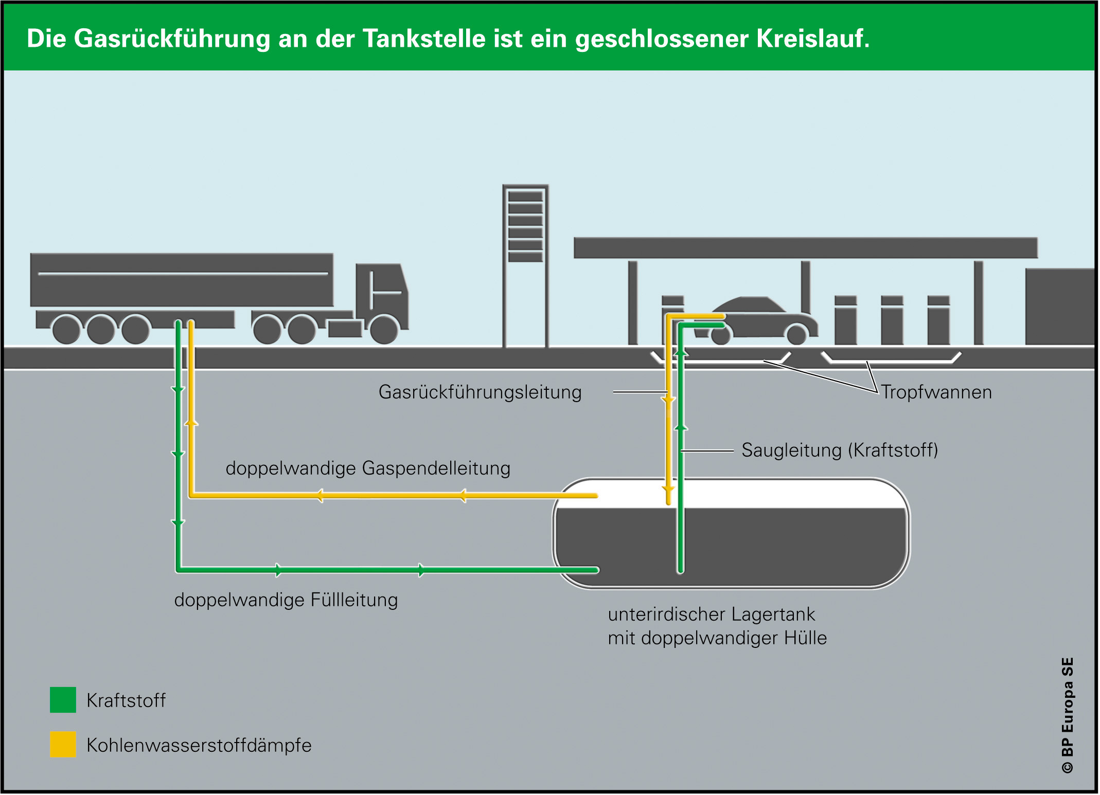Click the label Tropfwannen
[936, 392]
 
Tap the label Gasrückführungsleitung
[480, 392]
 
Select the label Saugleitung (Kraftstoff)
[840, 450]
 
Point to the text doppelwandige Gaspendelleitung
[368, 468]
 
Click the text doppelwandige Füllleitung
[286, 600]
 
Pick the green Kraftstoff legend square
[63, 700]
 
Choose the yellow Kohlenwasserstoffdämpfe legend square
[63, 744]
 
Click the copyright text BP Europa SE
[1068, 715]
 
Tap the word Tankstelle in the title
[424, 39]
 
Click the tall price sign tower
[525, 265]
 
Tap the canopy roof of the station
[805, 247]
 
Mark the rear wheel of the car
[721, 335]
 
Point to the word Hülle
[805, 638]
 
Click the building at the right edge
[1060, 306]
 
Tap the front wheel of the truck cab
[384, 329]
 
